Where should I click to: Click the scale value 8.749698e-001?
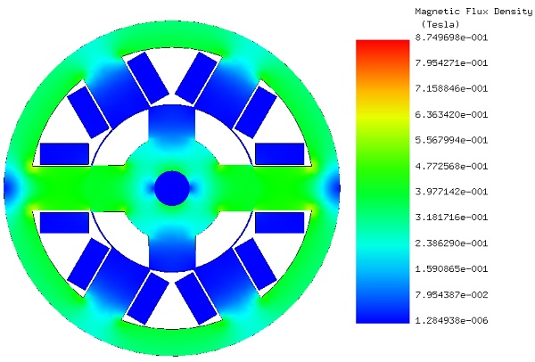[x=451, y=37]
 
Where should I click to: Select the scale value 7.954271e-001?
[x=451, y=62]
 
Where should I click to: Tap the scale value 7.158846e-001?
[x=451, y=88]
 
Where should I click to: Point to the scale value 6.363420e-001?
[x=451, y=114]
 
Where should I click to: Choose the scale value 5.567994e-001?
[x=451, y=140]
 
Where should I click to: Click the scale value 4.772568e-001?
[x=451, y=166]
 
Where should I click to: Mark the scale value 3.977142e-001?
[x=451, y=192]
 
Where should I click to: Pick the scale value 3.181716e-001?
[x=451, y=218]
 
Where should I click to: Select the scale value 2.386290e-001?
[x=451, y=243]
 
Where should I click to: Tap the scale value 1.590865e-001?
[x=451, y=269]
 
